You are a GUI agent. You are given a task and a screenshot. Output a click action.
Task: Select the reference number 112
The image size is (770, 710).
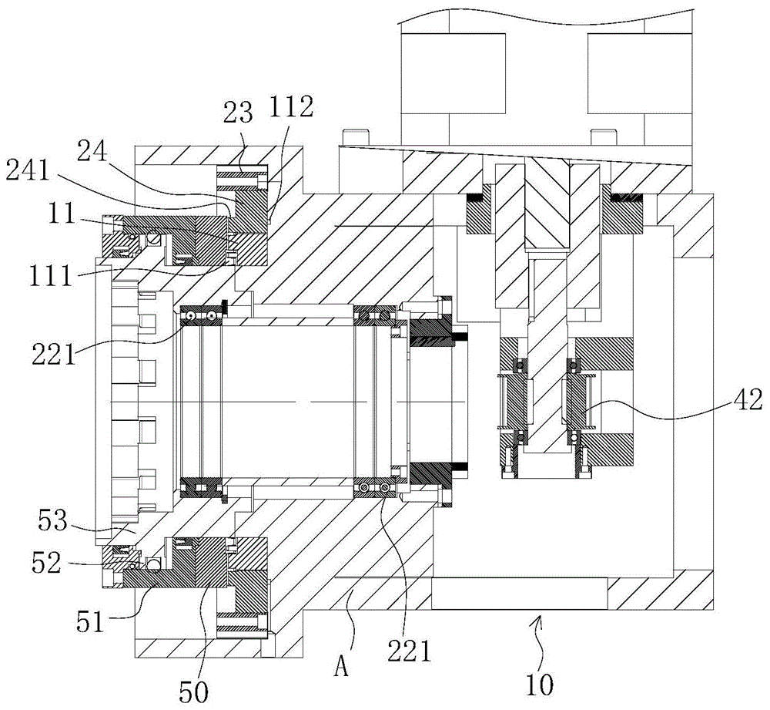[x=291, y=106]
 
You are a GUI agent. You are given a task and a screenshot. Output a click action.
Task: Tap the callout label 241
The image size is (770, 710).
[x=28, y=171]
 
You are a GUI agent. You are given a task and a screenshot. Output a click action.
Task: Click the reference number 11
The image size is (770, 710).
[x=61, y=214]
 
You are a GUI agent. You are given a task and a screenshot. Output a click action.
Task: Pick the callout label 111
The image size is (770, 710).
[x=51, y=276]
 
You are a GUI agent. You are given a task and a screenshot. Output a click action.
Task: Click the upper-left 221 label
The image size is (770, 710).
[x=54, y=354]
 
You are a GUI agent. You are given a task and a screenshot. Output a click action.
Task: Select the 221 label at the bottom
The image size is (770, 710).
[x=409, y=651]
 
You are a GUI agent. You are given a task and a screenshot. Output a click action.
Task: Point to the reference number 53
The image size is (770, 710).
[x=52, y=520]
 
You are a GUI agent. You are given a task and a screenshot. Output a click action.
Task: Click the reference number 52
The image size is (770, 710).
[x=47, y=563]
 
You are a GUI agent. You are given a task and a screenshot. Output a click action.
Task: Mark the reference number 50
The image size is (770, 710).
[x=193, y=692]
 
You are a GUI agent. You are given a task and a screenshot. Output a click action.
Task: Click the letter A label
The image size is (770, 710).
[x=341, y=667]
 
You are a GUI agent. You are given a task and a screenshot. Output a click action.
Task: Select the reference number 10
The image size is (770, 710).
[x=540, y=685]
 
